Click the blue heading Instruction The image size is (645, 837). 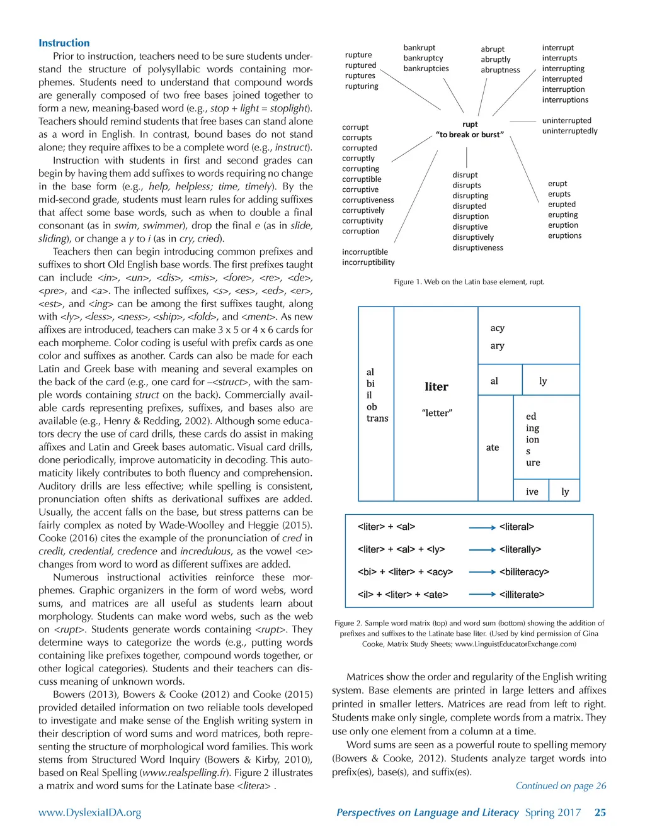[x=64, y=43]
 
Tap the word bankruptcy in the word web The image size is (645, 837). [x=423, y=58]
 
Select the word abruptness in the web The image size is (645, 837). [x=500, y=70]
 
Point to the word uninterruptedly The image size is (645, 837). [x=569, y=131]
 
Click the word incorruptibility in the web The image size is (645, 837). [x=368, y=262]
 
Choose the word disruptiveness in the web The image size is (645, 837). [x=477, y=247]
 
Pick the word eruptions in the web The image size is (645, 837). [x=564, y=235]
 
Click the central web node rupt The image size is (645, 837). [x=470, y=124]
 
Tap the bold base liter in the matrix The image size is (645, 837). [x=437, y=386]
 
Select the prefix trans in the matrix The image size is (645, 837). [x=377, y=418]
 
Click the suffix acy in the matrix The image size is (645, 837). [x=497, y=328]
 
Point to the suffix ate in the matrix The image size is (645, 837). [x=493, y=447]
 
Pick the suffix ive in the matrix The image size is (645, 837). [x=532, y=492]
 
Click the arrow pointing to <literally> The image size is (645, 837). [x=482, y=549]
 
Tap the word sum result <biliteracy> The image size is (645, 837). [x=524, y=572]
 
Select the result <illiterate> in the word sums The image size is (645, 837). [x=522, y=594]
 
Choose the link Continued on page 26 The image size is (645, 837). [x=561, y=785]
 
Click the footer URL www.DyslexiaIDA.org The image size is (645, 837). [x=89, y=812]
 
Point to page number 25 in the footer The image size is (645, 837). [x=600, y=812]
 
